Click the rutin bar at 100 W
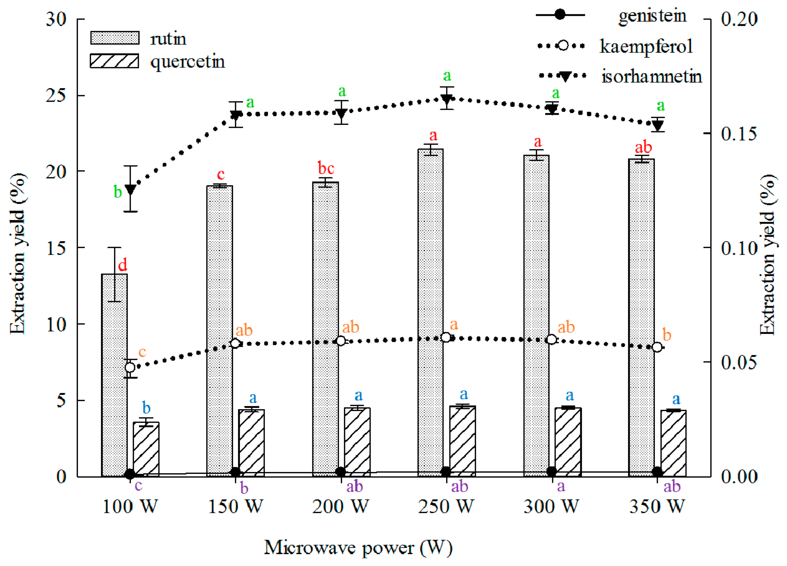(114, 374)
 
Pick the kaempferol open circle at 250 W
(446, 337)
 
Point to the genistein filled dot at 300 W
(551, 471)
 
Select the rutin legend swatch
(115, 38)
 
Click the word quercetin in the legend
(188, 62)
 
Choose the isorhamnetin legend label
(651, 76)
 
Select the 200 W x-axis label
(340, 507)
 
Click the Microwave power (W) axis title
(358, 548)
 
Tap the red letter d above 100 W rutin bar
(122, 265)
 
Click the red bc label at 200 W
(326, 169)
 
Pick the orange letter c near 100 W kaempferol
(142, 352)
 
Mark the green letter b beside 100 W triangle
(118, 192)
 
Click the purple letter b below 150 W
(244, 488)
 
